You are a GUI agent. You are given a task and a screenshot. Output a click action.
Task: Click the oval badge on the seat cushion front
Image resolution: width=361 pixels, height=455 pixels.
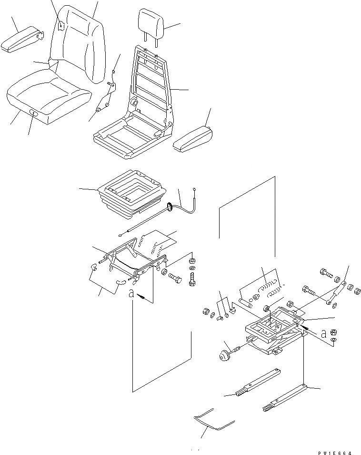pos(34,113)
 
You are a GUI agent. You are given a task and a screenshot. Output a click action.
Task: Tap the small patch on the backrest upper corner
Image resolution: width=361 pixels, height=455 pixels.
pos(62,27)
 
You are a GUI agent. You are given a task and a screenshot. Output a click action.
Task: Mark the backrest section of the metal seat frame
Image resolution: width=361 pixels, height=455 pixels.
pos(152,76)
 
